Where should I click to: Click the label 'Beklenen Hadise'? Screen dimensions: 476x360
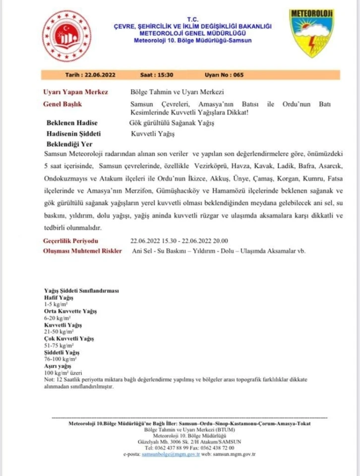click(x=71, y=123)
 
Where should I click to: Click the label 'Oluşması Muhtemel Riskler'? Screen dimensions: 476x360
click(x=82, y=251)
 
